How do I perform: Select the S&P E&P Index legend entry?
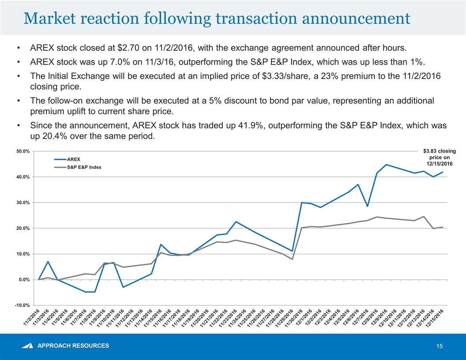[x=84, y=167]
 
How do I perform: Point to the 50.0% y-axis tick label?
[x=23, y=151]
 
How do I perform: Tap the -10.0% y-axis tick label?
[x=22, y=305]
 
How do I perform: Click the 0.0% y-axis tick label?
[x=24, y=280]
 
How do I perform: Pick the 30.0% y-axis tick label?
[x=23, y=202]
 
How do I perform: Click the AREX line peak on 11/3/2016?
[x=48, y=262]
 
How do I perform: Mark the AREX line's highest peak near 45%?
[x=387, y=165]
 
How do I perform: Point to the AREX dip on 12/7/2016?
[x=367, y=206]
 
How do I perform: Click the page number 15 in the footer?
[x=439, y=346]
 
